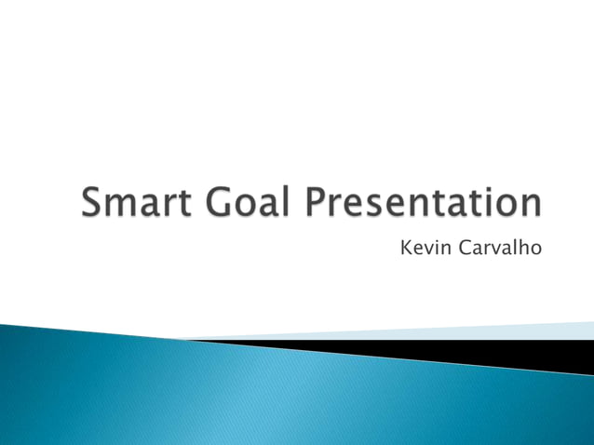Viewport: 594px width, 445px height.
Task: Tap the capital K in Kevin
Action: pyautogui.click(x=404, y=249)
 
